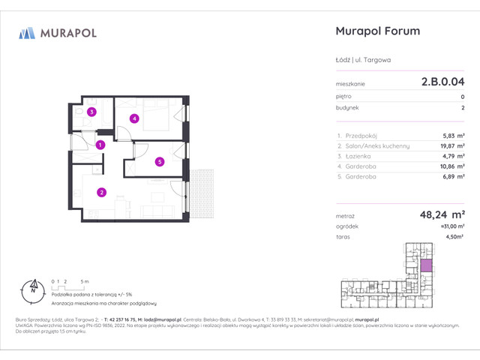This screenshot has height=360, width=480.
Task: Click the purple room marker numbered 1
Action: (100, 145)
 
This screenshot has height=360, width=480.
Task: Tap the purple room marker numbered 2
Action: (100, 192)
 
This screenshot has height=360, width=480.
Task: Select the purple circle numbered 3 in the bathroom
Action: (91, 112)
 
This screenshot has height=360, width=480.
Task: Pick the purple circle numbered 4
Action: (133, 118)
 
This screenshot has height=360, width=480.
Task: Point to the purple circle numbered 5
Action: (160, 161)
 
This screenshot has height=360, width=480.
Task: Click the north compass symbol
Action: (32, 286)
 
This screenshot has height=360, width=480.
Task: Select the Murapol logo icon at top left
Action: (28, 33)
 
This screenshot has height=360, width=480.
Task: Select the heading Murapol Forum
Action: (376, 31)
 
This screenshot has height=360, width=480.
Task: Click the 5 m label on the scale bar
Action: (85, 280)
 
